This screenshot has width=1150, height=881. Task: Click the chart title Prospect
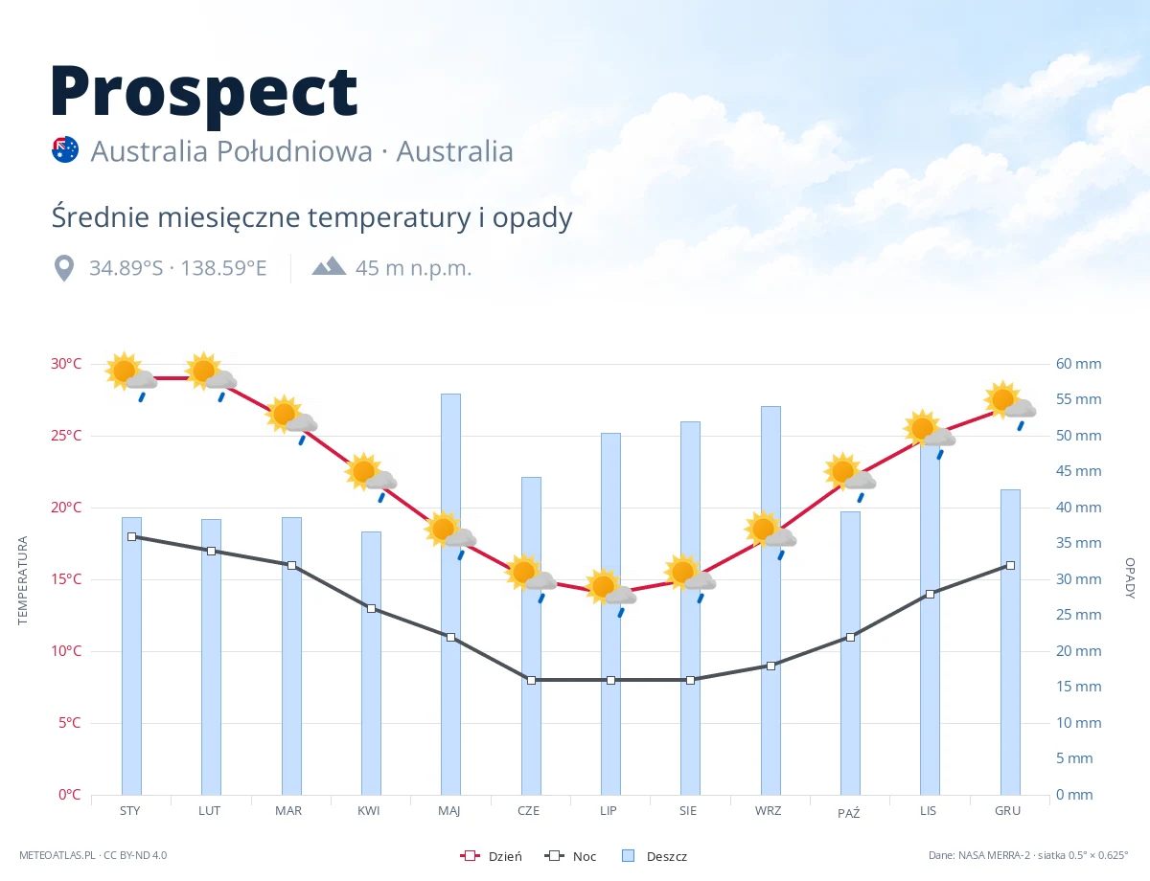pyautogui.click(x=204, y=94)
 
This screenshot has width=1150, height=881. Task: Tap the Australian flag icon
pyautogui.click(x=65, y=149)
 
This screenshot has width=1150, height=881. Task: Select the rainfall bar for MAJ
pyautogui.click(x=450, y=594)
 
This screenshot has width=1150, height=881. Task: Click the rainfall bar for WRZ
pyautogui.click(x=770, y=600)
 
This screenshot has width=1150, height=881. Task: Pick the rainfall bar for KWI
pyautogui.click(x=371, y=663)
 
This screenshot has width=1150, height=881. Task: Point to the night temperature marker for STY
pyautogui.click(x=132, y=537)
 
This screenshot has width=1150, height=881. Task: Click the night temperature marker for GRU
pyautogui.click(x=1010, y=565)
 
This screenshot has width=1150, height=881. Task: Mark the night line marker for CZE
pyautogui.click(x=531, y=680)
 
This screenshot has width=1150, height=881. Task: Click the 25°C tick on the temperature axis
pyautogui.click(x=66, y=436)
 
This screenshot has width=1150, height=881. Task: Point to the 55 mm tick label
pyautogui.click(x=1078, y=399)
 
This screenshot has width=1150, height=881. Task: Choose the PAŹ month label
pyautogui.click(x=848, y=812)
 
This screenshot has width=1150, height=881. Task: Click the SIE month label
pyautogui.click(x=688, y=811)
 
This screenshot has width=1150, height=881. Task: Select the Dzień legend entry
pyautogui.click(x=491, y=856)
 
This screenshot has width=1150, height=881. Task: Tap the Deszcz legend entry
pyautogui.click(x=655, y=856)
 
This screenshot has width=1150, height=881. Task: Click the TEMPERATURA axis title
pyautogui.click(x=23, y=580)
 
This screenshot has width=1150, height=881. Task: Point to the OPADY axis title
pyautogui.click(x=1130, y=578)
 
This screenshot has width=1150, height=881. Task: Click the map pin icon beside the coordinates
pyautogui.click(x=64, y=268)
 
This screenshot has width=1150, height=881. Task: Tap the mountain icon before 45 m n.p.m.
pyautogui.click(x=329, y=266)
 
